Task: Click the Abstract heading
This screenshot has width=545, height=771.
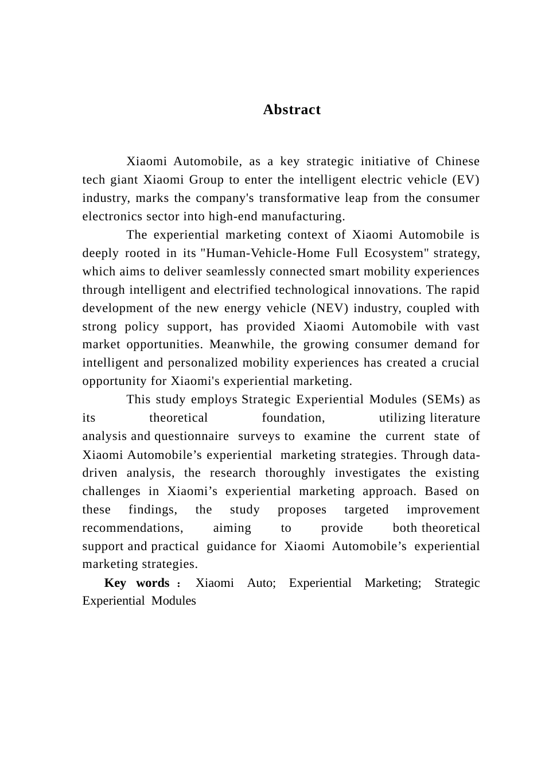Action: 291,110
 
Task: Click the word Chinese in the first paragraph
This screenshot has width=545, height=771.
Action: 457,161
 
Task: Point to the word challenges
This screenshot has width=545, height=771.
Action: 111,491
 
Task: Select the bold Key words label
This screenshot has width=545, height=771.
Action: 137,583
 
